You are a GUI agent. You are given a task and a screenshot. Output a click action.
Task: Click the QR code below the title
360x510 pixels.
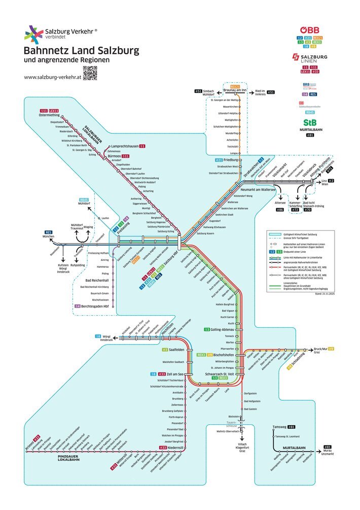90,74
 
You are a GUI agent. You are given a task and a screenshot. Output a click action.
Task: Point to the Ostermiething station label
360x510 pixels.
49,115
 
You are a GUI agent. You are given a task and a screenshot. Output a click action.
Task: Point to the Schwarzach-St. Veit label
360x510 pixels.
219,374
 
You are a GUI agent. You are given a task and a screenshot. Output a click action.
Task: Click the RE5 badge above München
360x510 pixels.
49,232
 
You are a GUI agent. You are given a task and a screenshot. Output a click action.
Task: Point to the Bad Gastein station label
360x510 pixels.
252,409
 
